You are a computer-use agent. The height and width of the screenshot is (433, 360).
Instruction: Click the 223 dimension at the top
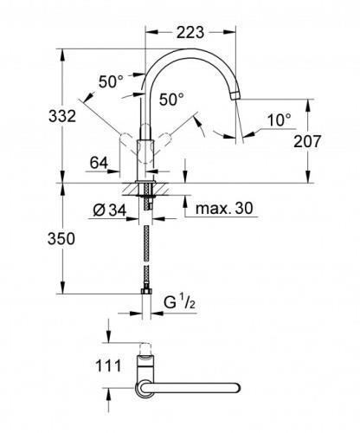(x=190, y=32)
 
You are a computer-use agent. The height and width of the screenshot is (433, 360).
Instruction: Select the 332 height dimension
(x=62, y=116)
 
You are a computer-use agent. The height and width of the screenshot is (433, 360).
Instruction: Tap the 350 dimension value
(x=61, y=239)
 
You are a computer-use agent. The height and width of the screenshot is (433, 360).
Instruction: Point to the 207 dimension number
(x=307, y=141)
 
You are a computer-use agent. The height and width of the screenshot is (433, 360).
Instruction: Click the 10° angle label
(x=280, y=120)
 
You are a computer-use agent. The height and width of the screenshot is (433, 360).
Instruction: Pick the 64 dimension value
(x=99, y=163)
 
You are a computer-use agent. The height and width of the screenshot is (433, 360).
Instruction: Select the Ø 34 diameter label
(x=110, y=210)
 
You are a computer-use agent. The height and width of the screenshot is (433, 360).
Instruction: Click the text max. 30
(x=224, y=208)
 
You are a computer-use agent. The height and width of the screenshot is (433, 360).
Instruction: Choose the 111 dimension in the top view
(x=108, y=365)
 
